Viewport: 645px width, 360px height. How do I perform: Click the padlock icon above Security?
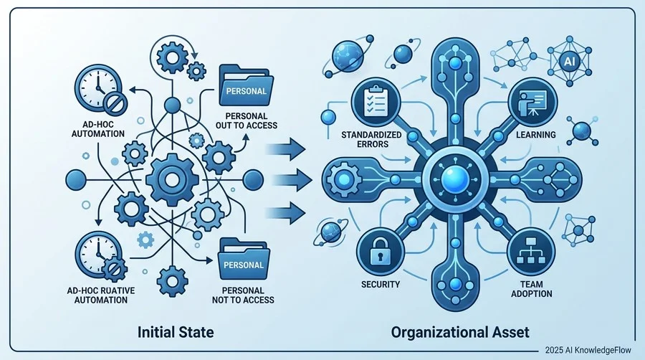pos(379,251)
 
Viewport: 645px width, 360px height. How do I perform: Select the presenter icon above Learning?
pos(532,102)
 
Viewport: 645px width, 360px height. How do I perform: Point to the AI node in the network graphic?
pos(569,61)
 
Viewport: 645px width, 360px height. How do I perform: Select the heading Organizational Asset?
pos(460,331)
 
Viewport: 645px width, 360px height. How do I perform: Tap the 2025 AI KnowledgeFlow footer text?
pos(588,350)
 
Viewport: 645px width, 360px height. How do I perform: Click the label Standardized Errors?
pos(371,139)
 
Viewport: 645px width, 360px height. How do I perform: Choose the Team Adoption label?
pos(532,289)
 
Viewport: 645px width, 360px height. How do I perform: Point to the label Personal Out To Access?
pos(247,121)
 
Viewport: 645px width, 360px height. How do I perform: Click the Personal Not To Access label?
pos(243,295)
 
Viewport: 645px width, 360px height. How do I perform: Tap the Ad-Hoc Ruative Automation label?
pos(101,295)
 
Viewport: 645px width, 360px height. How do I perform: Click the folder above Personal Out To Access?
pos(247,85)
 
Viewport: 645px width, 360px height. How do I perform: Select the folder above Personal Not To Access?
pos(244,259)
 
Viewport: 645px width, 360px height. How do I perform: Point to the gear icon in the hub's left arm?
pos(344,180)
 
